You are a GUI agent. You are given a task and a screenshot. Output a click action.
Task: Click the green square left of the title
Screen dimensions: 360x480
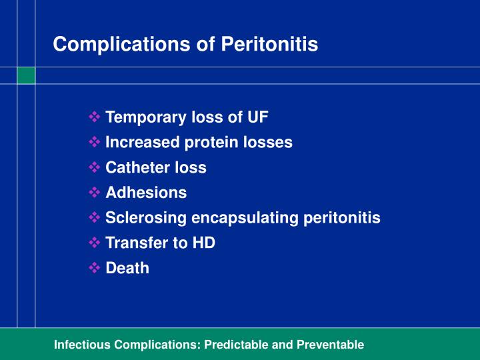[x=26, y=75]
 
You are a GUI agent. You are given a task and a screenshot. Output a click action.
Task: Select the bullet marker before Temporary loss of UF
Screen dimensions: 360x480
[x=94, y=117]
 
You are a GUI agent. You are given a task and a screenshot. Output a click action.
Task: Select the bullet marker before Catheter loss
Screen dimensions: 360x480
[x=94, y=167]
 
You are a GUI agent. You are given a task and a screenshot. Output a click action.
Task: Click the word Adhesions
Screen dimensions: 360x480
[x=146, y=193]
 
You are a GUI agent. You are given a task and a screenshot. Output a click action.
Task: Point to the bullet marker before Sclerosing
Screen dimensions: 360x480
[x=94, y=218]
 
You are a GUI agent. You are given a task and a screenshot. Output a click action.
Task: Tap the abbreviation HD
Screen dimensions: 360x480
[x=203, y=243]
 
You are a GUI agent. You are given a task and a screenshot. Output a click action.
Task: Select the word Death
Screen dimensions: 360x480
[x=127, y=268]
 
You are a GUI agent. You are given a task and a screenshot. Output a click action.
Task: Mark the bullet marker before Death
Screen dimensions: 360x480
[x=94, y=268]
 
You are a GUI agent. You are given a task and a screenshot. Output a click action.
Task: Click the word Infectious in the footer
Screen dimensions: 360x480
[x=83, y=345]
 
